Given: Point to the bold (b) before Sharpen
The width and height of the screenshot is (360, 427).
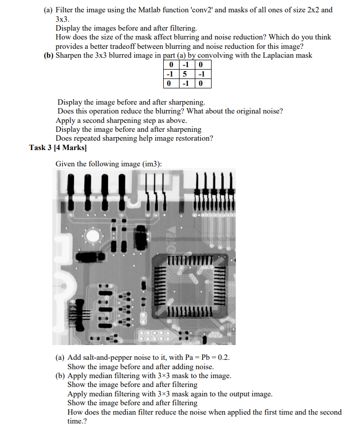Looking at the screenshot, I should click(49, 55).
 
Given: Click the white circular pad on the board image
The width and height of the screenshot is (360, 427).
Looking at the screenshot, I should click(93, 236).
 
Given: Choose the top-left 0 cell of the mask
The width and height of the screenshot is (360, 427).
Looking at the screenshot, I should click(171, 65).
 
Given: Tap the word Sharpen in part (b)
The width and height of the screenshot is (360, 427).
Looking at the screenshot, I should click(71, 55).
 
